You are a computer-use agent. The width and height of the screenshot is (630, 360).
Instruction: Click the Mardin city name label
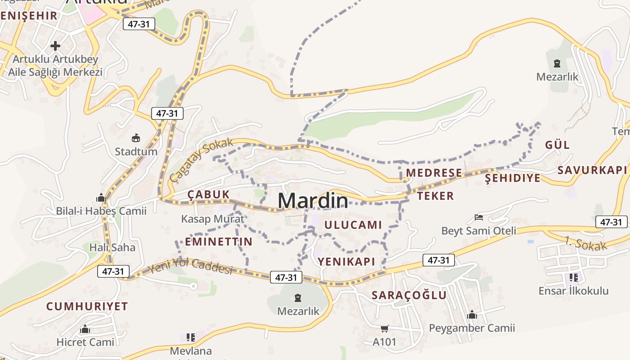[x=313, y=201]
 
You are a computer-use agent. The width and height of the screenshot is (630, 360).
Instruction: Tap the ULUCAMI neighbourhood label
[x=353, y=225]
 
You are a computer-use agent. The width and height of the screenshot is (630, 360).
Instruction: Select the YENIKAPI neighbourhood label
[x=346, y=261]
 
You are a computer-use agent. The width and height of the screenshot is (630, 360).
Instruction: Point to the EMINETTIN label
[x=219, y=242]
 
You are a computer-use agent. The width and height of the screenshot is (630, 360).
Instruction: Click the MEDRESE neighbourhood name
[x=434, y=173]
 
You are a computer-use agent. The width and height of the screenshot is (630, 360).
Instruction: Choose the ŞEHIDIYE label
[x=513, y=178]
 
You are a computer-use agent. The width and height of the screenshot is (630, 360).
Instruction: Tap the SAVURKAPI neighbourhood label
[x=592, y=170]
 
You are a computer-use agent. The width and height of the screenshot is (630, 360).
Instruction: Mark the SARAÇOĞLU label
[x=409, y=295]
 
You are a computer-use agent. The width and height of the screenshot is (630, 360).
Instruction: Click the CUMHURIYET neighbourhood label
[x=87, y=306]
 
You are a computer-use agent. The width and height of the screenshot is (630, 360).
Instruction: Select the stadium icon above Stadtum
[x=135, y=138]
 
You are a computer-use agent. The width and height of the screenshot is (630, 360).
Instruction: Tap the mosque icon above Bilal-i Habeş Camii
[x=101, y=198]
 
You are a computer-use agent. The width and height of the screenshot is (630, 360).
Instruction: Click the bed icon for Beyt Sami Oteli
[x=479, y=218]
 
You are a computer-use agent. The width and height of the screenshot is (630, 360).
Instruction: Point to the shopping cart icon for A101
[x=384, y=329]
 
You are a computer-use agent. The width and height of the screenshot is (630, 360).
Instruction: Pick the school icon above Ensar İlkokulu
[x=573, y=278]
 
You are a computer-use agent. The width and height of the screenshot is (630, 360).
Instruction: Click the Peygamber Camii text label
[x=472, y=328]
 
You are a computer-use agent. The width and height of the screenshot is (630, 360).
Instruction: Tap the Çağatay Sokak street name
[x=202, y=160]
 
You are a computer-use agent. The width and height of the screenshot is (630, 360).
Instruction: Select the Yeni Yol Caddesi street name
[x=190, y=266]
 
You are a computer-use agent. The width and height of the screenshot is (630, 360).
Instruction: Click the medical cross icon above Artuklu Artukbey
[x=55, y=46]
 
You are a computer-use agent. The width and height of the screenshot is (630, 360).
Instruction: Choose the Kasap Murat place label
[x=212, y=219]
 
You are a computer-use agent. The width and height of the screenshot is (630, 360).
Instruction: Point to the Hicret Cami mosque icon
[x=85, y=329]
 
